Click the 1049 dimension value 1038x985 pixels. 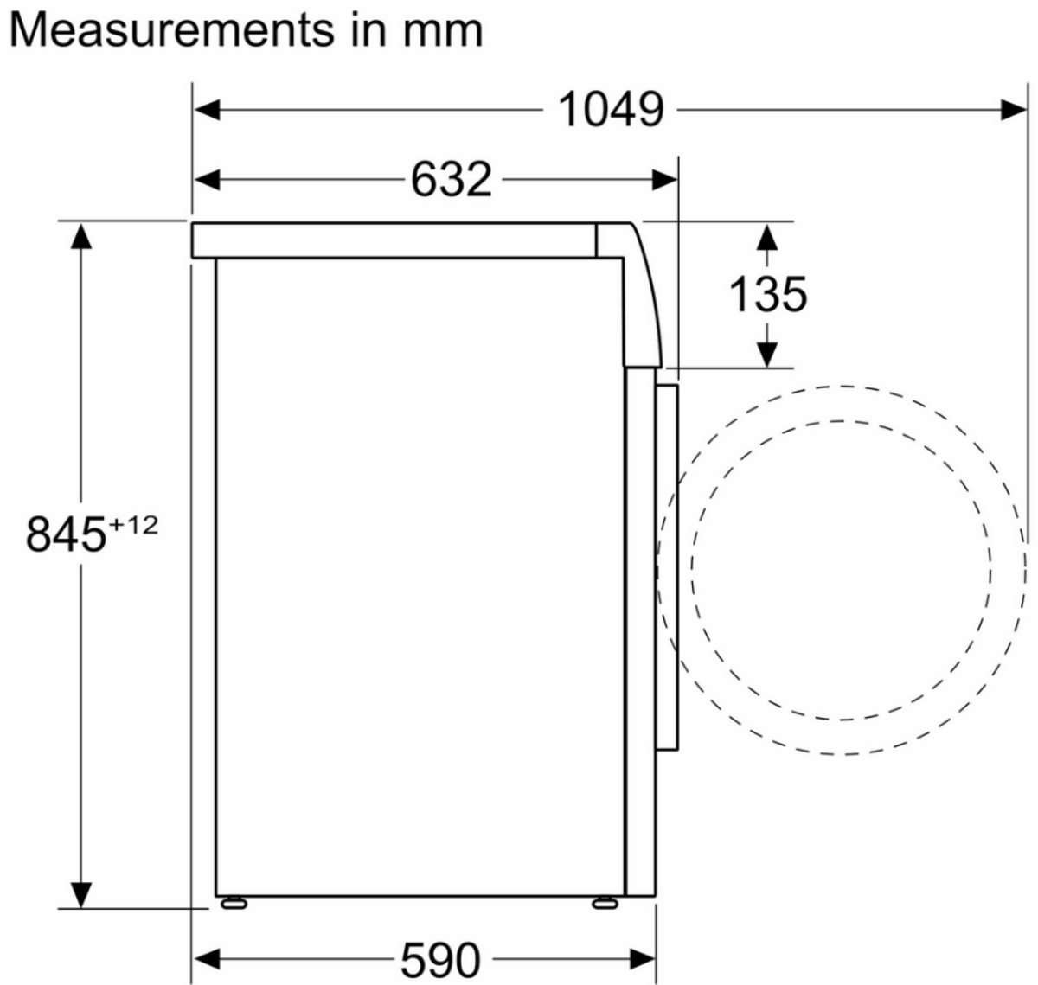pos(611,110)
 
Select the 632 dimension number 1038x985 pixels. pos(452,180)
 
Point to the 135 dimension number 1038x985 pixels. pos(767,295)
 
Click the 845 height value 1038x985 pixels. pos(66,535)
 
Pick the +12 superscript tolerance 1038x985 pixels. pos(133,526)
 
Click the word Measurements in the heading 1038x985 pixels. pos(172,30)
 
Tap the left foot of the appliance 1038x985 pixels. pos(234,904)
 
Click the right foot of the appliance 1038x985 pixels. pos(605,904)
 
